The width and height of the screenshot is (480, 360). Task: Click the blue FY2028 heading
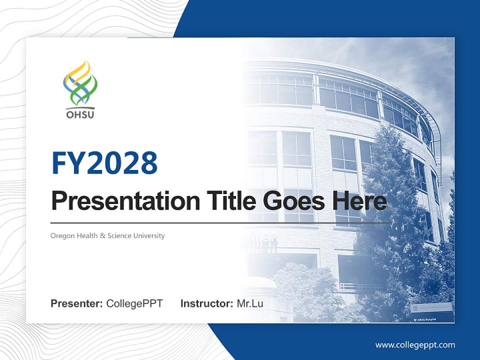click(x=104, y=163)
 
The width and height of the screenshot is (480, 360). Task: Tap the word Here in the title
click(x=357, y=201)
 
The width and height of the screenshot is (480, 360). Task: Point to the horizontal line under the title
click(x=220, y=222)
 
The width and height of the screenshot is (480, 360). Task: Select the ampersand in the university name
click(x=103, y=235)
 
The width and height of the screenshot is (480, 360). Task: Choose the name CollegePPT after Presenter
click(x=134, y=303)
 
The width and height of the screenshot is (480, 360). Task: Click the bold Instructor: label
click(x=206, y=303)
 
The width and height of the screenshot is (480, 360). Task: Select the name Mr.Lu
click(x=249, y=303)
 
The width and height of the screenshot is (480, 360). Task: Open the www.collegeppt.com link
click(x=415, y=345)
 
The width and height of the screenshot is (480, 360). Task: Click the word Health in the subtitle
click(x=87, y=235)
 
